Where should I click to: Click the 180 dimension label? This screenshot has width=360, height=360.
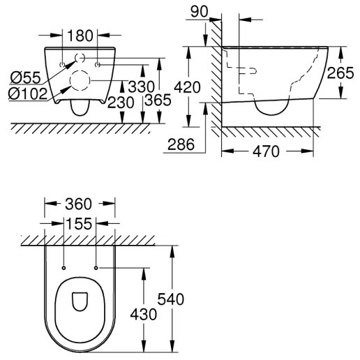click(x=81, y=35)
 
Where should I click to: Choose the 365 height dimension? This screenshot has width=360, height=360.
click(x=160, y=101)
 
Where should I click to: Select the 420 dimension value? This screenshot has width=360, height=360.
click(x=200, y=89)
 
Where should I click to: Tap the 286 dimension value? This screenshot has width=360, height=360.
click(x=181, y=145)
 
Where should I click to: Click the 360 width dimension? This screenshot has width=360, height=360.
click(x=80, y=204)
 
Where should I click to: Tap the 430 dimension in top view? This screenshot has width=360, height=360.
click(x=143, y=314)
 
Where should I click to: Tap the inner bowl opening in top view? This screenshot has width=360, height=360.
click(x=80, y=302)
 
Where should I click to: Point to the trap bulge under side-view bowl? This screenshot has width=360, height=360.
click(x=272, y=106)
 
